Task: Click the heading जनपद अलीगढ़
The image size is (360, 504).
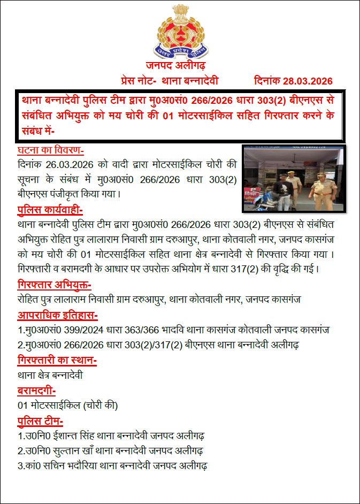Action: click(179, 66)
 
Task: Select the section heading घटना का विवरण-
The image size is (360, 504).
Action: click(51, 151)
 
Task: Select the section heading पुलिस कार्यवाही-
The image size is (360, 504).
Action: click(50, 209)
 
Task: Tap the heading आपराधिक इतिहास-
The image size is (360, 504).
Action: click(57, 315)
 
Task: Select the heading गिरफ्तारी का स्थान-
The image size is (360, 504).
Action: click(57, 361)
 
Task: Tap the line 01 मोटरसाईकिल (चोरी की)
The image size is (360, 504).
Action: click(67, 404)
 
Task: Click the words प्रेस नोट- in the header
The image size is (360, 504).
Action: click(139, 81)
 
